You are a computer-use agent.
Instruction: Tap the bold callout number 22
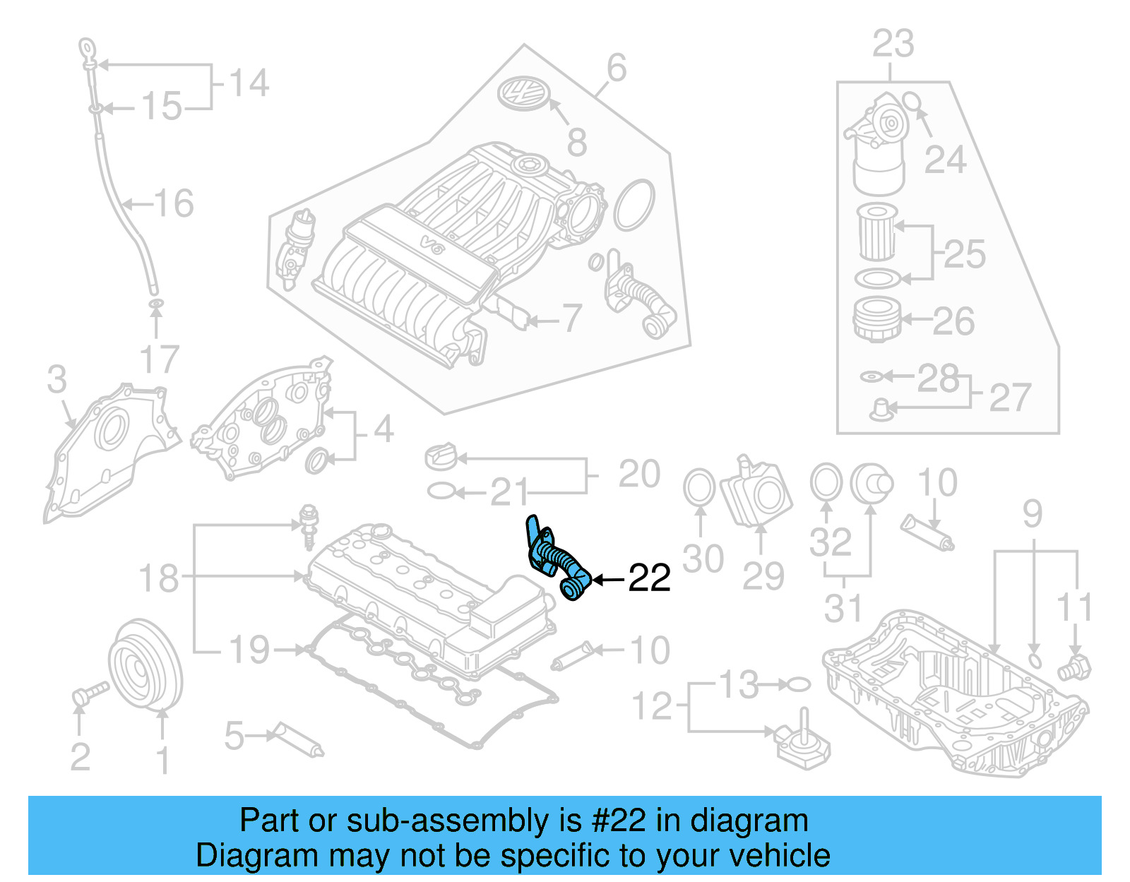[649, 578]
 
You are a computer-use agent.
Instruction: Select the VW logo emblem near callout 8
[524, 93]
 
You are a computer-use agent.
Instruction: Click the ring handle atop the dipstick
[88, 48]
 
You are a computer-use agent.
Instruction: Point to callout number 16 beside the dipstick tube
[174, 203]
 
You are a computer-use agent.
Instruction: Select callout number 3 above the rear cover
[56, 379]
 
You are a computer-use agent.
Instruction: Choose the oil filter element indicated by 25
[876, 232]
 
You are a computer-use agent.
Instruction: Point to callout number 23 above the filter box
[893, 44]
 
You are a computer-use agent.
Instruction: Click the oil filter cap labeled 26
[877, 320]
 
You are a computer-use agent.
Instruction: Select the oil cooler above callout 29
[756, 491]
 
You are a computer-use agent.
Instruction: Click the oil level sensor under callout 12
[802, 741]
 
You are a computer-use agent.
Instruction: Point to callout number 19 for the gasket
[249, 650]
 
